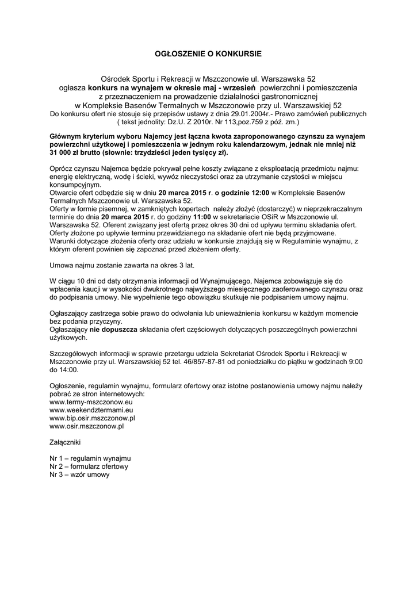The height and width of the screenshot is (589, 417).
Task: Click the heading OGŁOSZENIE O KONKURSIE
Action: (x=208, y=53)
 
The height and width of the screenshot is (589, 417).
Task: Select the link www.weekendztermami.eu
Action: (x=87, y=410)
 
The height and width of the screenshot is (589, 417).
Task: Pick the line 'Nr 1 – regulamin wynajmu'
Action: (x=90, y=459)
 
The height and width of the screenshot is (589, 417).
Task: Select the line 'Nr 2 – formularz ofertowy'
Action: (x=89, y=467)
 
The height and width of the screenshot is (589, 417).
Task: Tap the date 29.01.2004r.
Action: (x=248, y=114)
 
